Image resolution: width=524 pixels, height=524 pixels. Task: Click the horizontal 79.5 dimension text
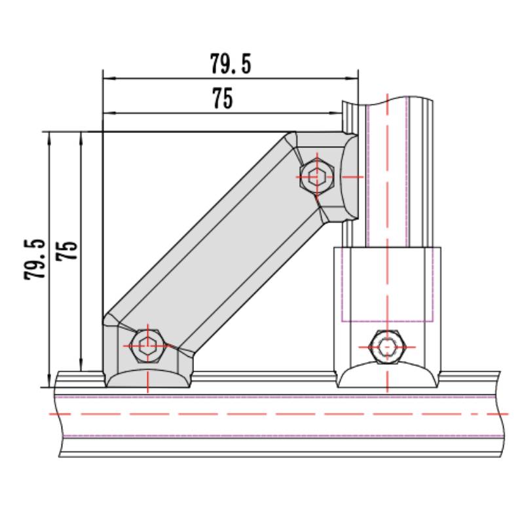point(231,64)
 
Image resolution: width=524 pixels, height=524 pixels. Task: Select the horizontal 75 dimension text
point(223,99)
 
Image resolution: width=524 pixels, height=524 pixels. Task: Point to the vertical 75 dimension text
point(67,251)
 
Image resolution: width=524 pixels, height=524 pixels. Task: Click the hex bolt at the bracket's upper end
point(316,176)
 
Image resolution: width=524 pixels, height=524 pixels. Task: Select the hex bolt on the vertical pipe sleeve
point(388,345)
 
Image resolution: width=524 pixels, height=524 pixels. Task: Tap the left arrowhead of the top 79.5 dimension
point(107,79)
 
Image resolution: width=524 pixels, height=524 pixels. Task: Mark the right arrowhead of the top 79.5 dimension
point(354,79)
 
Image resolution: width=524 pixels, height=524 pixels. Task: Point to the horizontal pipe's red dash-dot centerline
point(262,414)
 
